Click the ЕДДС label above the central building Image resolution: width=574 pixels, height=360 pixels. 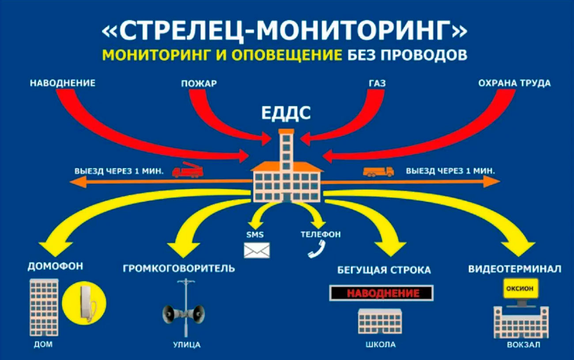point(286,113)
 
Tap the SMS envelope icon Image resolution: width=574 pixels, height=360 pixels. point(257,250)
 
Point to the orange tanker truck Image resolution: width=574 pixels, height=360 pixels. point(378,171)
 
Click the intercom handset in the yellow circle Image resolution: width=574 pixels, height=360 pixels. point(84,301)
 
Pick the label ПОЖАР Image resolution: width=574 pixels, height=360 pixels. point(199,83)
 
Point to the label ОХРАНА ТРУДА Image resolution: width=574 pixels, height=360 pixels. point(514,83)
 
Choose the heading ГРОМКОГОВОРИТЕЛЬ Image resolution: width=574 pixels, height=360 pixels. point(179,268)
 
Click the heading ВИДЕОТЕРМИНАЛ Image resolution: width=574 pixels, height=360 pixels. point(515,269)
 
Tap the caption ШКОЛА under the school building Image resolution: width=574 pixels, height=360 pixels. point(380,345)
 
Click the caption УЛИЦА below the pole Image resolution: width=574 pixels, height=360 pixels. point(186,345)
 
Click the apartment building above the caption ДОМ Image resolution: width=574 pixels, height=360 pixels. point(44,307)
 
